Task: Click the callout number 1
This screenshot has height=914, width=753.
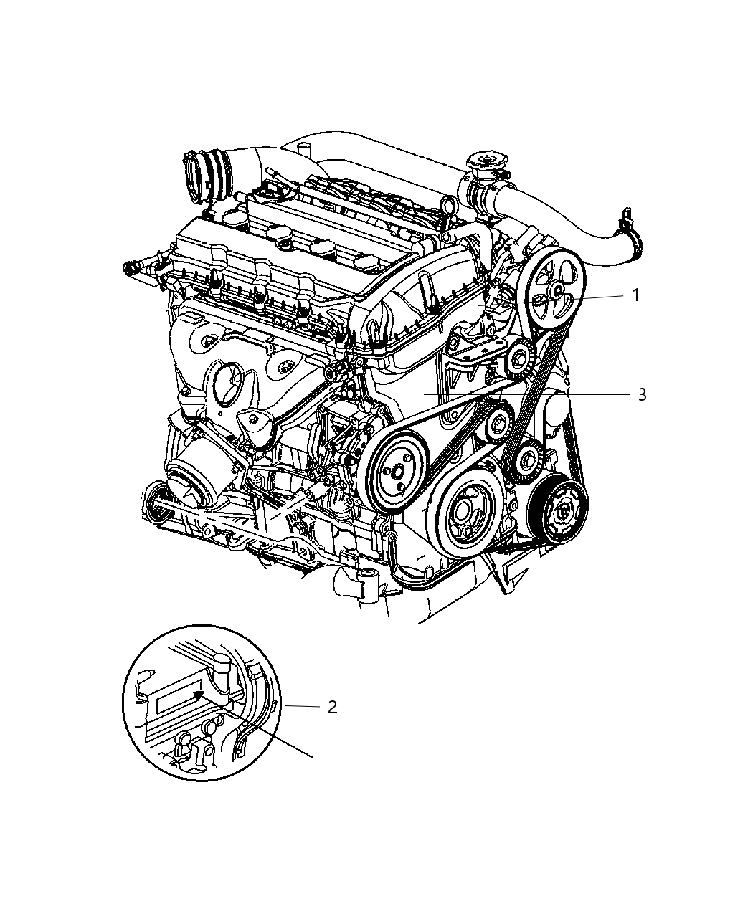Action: point(635,295)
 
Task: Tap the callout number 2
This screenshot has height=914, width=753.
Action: point(331,707)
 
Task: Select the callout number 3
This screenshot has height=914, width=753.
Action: point(642,394)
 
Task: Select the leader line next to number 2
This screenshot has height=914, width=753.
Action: point(301,707)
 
